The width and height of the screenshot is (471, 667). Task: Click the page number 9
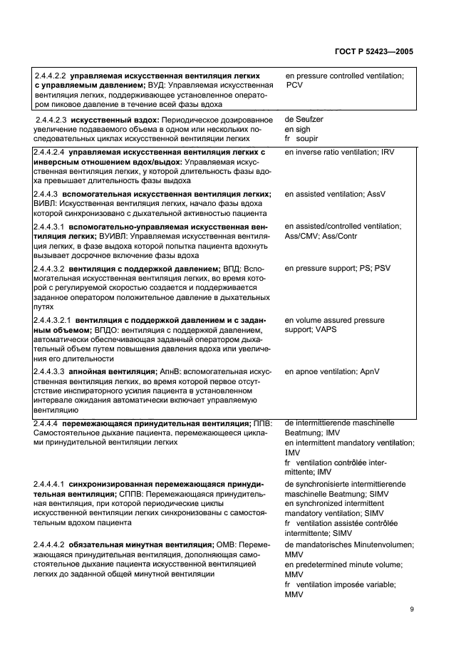[413, 609]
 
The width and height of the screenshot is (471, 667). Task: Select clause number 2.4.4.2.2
[51, 76]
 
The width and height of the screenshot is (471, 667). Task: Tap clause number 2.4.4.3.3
[51, 371]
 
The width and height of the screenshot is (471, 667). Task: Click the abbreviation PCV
[295, 85]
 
